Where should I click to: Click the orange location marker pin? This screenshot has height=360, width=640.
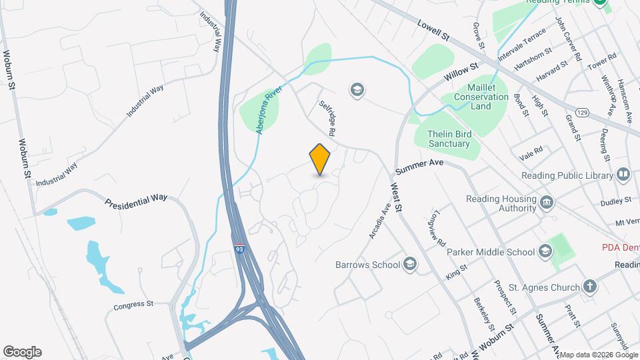pyautogui.click(x=320, y=159)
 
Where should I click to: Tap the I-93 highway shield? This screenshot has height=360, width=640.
pyautogui.click(x=239, y=249)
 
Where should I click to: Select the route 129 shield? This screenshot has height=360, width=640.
pyautogui.click(x=581, y=113)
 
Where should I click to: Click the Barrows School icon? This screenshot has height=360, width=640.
pyautogui.click(x=409, y=265)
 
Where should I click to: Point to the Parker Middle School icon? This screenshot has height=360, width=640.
pyautogui.click(x=545, y=251)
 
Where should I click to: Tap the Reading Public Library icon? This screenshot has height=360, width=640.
pyautogui.click(x=623, y=175)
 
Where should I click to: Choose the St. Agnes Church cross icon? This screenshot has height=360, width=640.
pyautogui.click(x=589, y=287)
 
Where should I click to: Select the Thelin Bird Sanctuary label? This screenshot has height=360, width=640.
pyautogui.click(x=449, y=139)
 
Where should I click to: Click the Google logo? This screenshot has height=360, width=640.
pyautogui.click(x=22, y=352)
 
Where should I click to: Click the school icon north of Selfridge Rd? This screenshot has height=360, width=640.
pyautogui.click(x=357, y=89)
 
